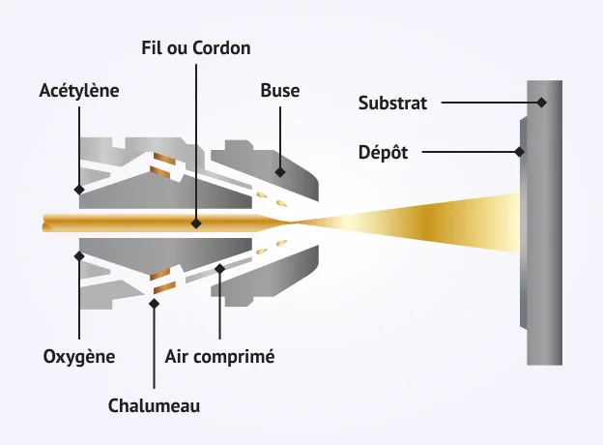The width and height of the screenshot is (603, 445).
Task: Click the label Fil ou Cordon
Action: [196, 47]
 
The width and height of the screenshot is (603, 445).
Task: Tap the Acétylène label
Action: [79, 91]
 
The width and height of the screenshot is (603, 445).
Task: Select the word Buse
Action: [280, 91]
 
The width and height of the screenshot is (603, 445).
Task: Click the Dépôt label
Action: [384, 151]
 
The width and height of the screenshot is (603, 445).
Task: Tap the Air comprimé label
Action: [220, 356]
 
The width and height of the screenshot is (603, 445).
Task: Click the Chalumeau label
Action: [155, 405]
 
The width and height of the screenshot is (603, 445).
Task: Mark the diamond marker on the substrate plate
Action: [542, 102]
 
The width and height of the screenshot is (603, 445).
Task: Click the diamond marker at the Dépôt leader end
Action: [520, 151]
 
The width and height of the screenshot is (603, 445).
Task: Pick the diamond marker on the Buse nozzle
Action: [280, 172]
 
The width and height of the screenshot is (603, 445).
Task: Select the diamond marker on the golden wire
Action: [196, 222]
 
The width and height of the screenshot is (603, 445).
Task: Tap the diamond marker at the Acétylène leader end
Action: [79, 189]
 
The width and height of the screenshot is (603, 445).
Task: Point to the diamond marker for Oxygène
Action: [79, 256]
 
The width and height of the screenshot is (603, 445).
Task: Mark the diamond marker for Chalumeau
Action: [155, 302]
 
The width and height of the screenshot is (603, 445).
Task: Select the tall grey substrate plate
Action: [543, 290]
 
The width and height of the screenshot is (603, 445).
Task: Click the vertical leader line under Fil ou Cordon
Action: [196, 135]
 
